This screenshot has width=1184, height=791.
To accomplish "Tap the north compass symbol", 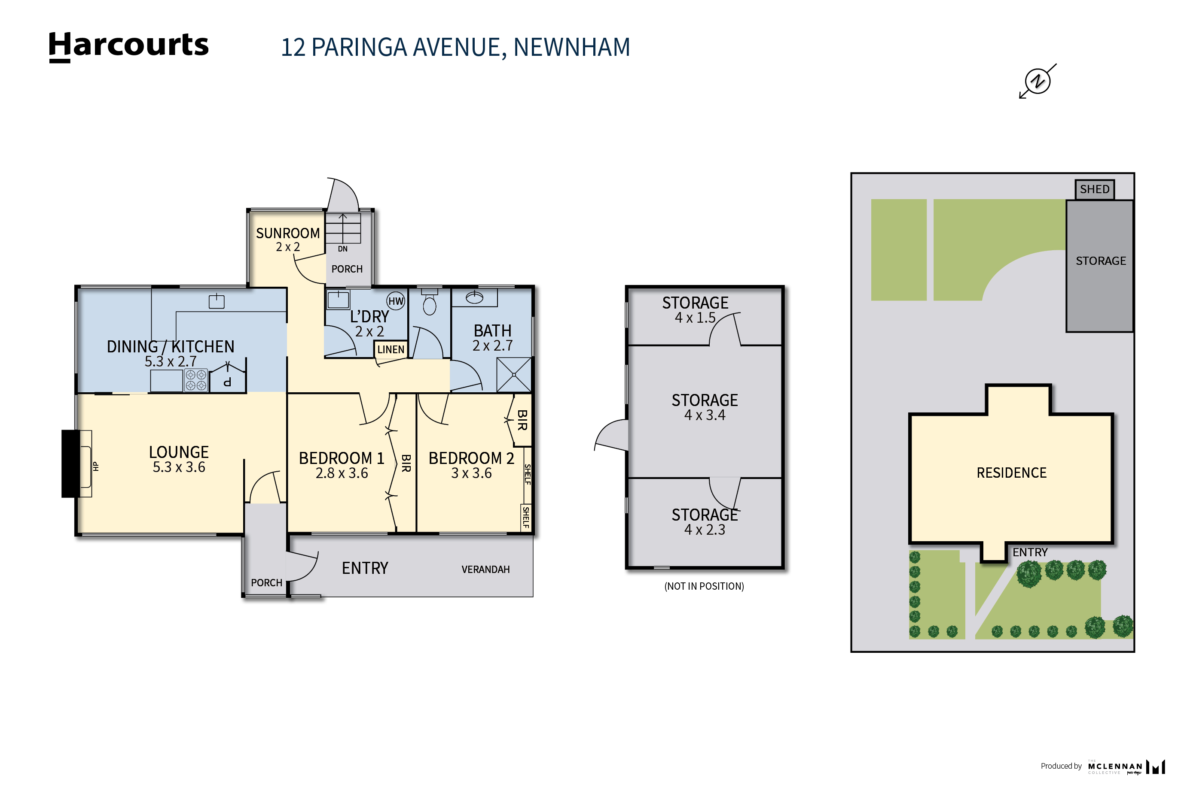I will coord(1037,81).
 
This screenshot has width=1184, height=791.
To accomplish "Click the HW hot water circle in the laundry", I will coord(396,301).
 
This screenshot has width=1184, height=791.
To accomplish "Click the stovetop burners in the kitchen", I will coord(196,380).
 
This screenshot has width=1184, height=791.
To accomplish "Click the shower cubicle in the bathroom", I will coord(513,375).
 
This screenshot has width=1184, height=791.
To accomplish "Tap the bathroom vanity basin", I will coord(474,297).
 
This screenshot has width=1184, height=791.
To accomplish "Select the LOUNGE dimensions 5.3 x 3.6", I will coord(179,467).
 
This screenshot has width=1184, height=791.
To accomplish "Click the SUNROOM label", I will coord(288,233).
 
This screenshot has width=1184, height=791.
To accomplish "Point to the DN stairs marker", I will coord(342,249).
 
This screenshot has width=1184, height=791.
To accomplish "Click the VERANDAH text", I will coord(485,569).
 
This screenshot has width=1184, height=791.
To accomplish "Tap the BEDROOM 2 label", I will coord(471,458).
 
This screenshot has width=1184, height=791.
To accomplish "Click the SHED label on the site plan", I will coord(1094,189).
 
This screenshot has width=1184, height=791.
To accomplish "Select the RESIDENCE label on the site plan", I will coord(1011,473).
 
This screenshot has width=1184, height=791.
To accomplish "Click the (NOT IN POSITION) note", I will coord(704,586).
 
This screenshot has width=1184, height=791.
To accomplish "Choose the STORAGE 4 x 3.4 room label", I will coord(704,406).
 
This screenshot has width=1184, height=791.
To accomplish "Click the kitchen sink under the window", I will coord(217,301).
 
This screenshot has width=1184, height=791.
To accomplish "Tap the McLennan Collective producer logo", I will coord(1126,767).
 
